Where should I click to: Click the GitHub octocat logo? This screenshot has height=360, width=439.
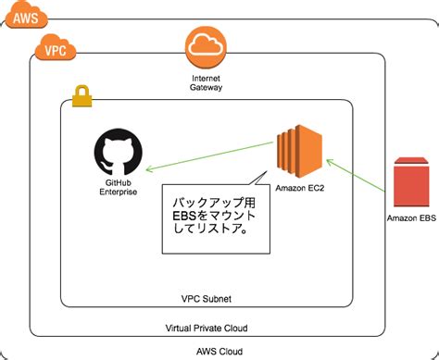119,154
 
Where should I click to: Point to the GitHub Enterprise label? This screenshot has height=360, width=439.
118,189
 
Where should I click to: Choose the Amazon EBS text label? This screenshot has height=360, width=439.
410,220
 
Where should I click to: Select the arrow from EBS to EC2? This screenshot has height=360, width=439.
356,175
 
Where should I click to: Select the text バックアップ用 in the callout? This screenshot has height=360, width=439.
214,202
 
